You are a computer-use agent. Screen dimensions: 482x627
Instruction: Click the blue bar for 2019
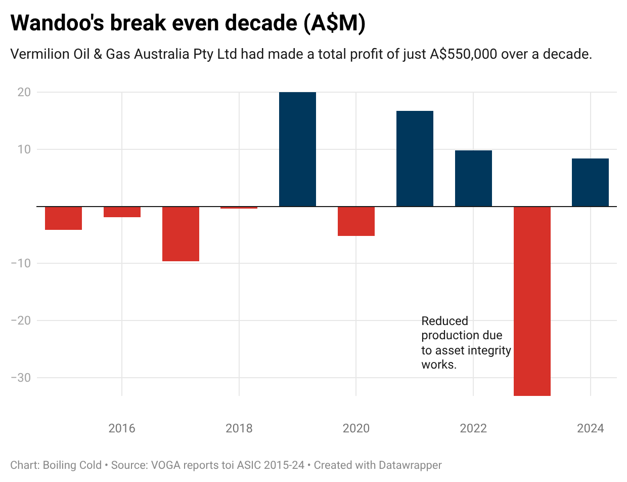[297, 149]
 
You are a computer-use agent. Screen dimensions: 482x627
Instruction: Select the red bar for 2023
[532, 301]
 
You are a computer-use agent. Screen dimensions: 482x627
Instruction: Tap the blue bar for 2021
[415, 158]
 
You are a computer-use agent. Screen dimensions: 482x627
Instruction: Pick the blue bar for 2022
[473, 178]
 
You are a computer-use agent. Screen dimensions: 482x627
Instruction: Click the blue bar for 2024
[590, 182]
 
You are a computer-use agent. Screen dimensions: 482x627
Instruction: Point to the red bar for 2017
[181, 234]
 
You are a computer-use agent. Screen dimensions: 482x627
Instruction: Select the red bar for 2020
[356, 221]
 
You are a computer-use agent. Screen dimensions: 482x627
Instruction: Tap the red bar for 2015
[63, 218]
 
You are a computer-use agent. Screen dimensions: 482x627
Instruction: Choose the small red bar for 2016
[122, 212]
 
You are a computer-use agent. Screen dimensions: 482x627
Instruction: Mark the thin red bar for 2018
[239, 208]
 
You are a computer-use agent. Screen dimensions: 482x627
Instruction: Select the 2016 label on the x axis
[122, 429]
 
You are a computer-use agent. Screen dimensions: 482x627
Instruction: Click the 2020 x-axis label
[356, 429]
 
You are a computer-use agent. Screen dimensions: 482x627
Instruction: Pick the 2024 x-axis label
[590, 429]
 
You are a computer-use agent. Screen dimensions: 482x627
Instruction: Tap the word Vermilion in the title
[39, 55]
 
